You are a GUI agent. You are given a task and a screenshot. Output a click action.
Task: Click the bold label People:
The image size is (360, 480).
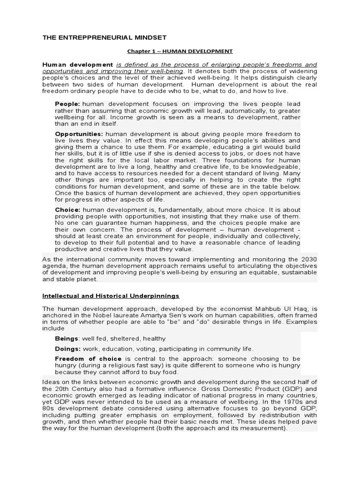click(67, 104)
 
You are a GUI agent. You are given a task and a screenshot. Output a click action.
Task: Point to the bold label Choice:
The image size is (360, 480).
click(68, 210)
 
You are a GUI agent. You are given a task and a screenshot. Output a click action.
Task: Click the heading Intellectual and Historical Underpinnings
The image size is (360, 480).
click(111, 296)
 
